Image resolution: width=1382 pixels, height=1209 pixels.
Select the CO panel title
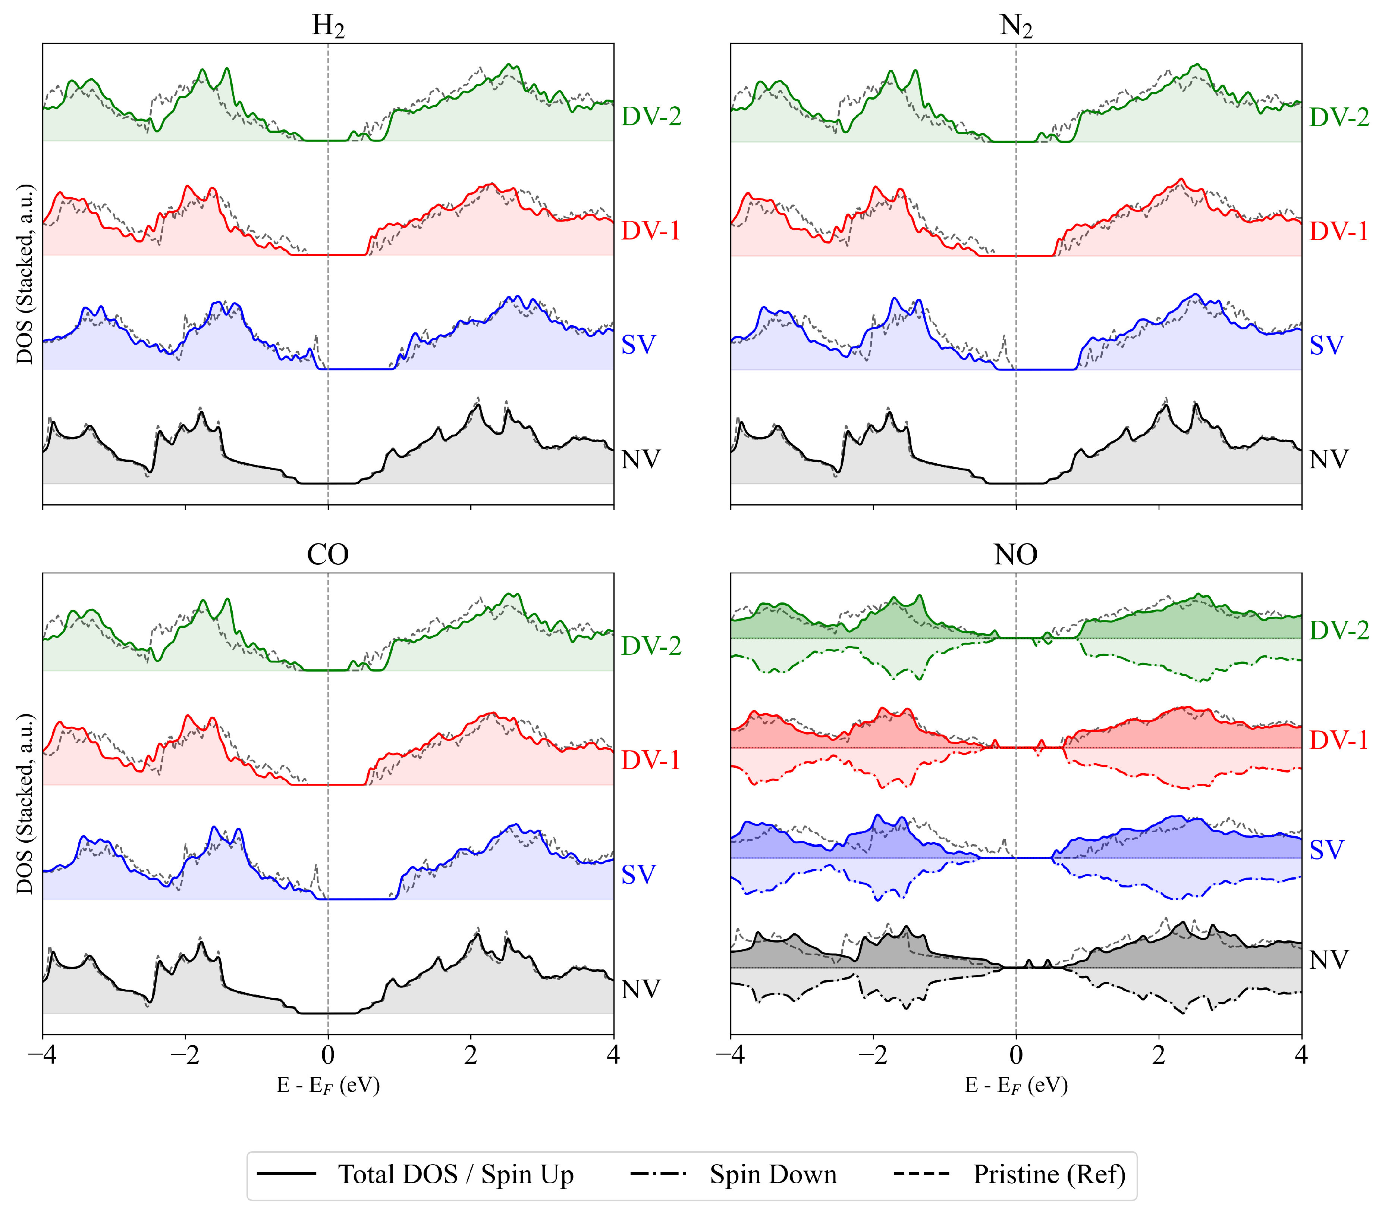pos(328,555)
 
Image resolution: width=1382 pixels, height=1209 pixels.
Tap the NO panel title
pos(1016,555)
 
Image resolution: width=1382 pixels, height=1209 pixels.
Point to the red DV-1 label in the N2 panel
pos(1339,231)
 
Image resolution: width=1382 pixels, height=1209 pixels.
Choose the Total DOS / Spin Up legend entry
pos(415,1175)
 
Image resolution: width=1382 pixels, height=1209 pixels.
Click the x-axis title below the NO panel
pos(1016,1085)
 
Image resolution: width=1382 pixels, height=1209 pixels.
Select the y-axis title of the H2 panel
pos(25,273)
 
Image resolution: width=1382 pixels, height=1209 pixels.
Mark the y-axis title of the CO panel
pos(25,803)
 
